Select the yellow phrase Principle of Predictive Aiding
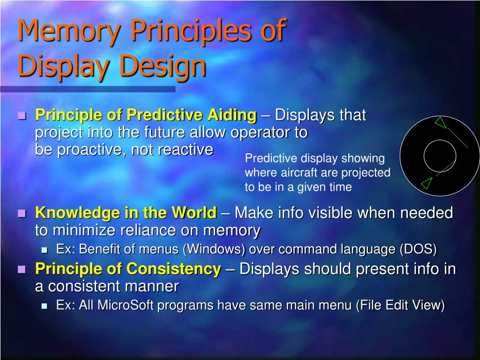pyautogui.click(x=146, y=115)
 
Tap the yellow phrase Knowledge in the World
pyautogui.click(x=126, y=213)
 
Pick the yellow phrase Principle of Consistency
pyautogui.click(x=128, y=269)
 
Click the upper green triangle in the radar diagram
pyautogui.click(x=440, y=123)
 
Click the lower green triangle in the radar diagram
pyautogui.click(x=426, y=183)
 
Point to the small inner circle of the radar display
pyautogui.click(x=440, y=156)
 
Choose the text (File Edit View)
pyautogui.click(x=400, y=306)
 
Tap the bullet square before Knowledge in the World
pyautogui.click(x=22, y=214)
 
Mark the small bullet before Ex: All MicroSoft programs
pyautogui.click(x=45, y=306)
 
